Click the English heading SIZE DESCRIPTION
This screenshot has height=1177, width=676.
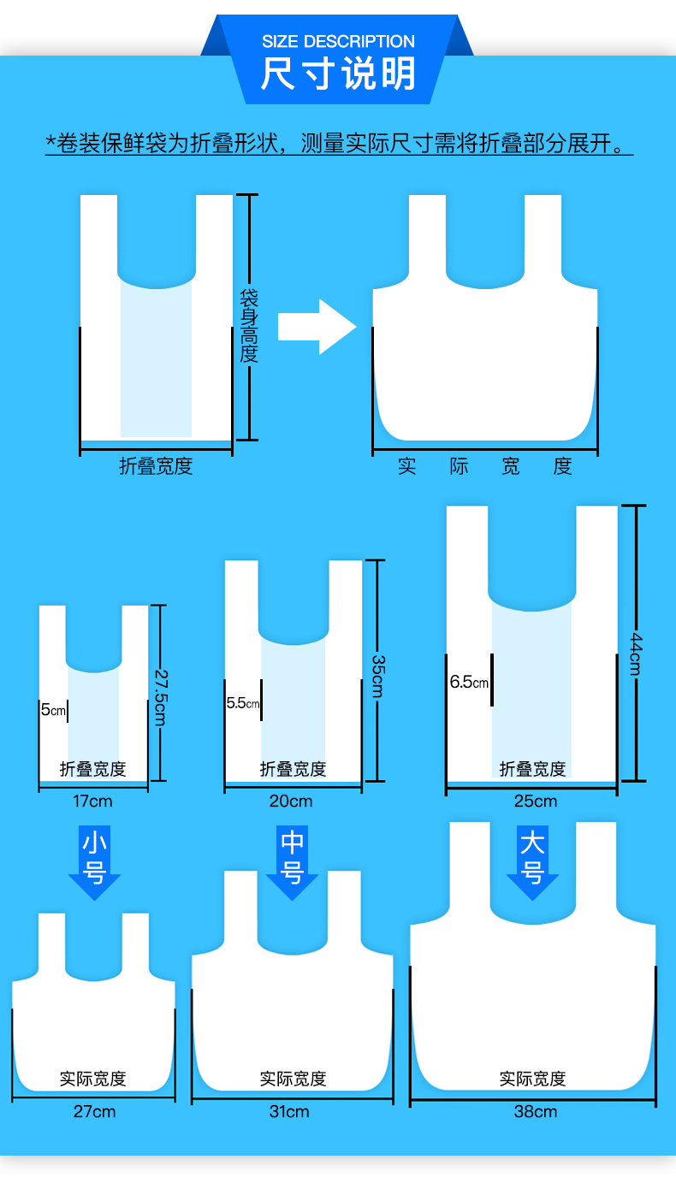click(x=338, y=41)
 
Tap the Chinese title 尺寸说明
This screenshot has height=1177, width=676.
click(x=338, y=74)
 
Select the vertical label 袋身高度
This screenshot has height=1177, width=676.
click(x=248, y=326)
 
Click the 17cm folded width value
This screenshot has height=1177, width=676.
click(x=93, y=801)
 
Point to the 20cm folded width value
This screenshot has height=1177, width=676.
click(x=291, y=801)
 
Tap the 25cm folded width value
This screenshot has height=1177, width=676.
click(x=535, y=801)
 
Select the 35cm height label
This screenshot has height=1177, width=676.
click(x=377, y=676)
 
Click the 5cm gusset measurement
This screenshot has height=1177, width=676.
click(x=53, y=710)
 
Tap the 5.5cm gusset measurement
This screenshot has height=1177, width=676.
click(x=242, y=703)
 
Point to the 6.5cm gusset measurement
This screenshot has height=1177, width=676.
click(x=469, y=683)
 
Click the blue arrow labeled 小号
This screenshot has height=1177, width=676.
click(x=94, y=861)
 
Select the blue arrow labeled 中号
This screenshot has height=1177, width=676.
click(x=292, y=861)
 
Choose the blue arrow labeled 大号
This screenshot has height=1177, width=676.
click(x=532, y=861)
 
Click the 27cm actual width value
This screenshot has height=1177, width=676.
click(x=94, y=1112)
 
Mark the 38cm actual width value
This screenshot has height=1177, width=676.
click(x=535, y=1112)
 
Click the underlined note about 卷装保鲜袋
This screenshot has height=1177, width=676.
click(x=338, y=143)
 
